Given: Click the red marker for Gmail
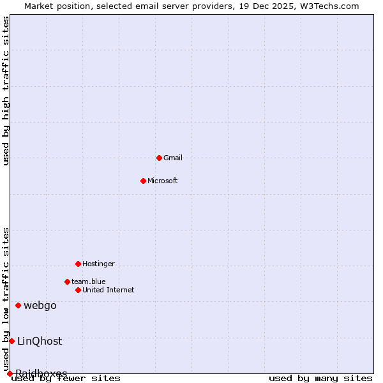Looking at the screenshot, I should (x=159, y=158).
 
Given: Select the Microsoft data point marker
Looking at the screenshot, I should (x=143, y=181).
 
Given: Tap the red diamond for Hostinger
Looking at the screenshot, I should (x=78, y=264).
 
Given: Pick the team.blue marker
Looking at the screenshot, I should (x=67, y=282).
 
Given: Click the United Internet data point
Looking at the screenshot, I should (x=78, y=290).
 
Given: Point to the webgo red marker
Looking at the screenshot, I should (x=18, y=305).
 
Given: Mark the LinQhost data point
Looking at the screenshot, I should (x=11, y=341).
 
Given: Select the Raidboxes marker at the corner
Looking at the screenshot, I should (x=10, y=373).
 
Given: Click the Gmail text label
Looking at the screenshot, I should (x=173, y=158).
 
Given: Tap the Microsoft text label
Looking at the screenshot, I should (x=163, y=181).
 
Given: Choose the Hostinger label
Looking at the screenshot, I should (x=99, y=264).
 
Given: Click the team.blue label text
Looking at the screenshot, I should (x=89, y=282).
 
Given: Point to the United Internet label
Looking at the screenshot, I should (x=109, y=290).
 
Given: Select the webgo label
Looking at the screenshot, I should (x=40, y=305).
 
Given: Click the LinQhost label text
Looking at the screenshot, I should (x=40, y=341).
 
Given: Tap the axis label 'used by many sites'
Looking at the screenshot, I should (x=320, y=378).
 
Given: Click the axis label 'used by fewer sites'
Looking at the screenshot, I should (x=66, y=378).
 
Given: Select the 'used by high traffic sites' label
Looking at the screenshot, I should (x=6, y=91).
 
